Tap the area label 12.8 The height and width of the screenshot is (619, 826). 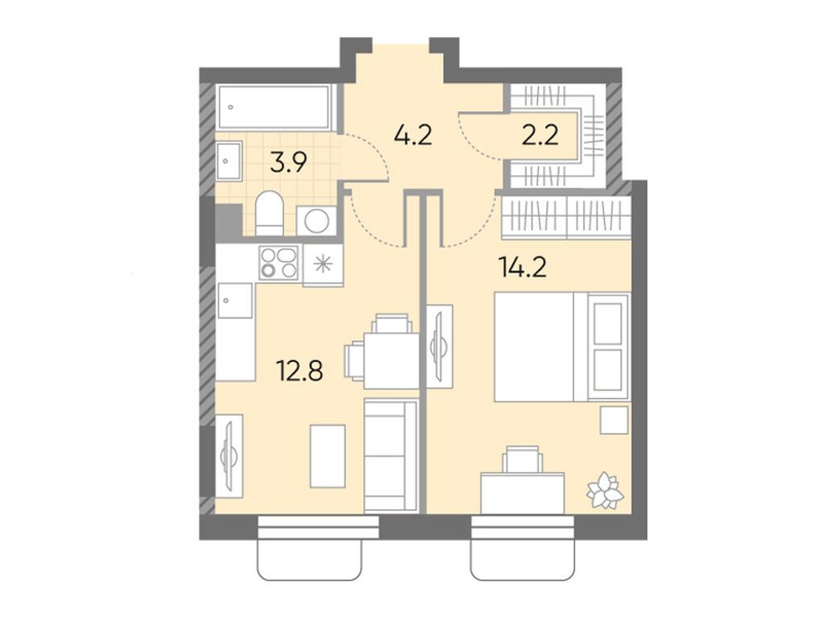[x=299, y=372]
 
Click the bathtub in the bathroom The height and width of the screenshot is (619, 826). [x=275, y=107]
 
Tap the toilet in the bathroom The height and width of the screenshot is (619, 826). [x=268, y=214]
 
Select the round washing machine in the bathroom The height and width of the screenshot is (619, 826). [x=316, y=220]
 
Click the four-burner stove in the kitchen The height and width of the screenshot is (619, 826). [x=278, y=263]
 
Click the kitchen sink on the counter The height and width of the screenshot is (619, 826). [x=235, y=302]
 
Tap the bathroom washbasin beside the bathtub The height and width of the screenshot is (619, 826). [x=228, y=160]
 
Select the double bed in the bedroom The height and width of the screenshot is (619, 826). [x=561, y=347]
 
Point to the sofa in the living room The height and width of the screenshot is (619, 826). [x=390, y=455]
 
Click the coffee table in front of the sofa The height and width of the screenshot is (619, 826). [x=327, y=455]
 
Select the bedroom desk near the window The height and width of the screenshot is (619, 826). [x=522, y=492]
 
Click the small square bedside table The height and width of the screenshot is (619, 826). [x=614, y=419]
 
